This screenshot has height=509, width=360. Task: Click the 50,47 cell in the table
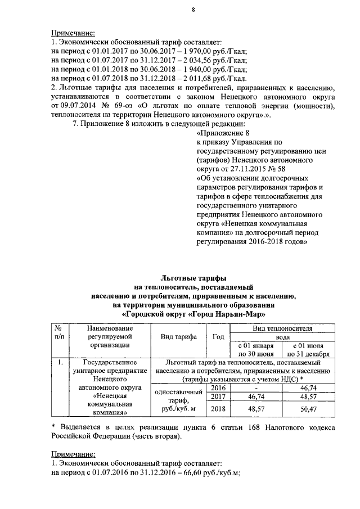pyautogui.click(x=308, y=409)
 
